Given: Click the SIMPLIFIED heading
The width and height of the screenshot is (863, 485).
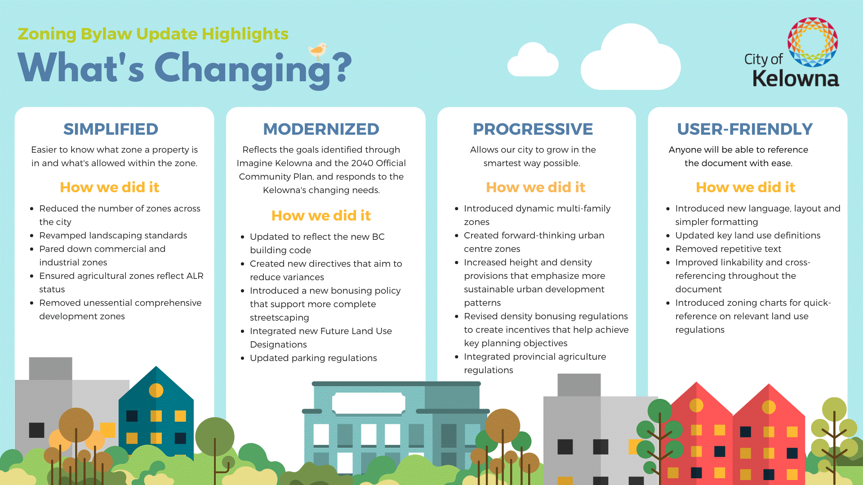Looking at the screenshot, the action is (x=111, y=129).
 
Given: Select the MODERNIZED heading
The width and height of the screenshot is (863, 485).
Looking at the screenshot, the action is (x=321, y=129).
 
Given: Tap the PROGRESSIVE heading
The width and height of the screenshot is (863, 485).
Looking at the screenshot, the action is (x=533, y=129).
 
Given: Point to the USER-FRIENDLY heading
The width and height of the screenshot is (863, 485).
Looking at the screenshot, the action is (x=745, y=129).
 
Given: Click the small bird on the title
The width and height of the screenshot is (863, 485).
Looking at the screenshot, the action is (x=318, y=51).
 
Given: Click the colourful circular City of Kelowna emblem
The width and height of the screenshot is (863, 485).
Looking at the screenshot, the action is (x=813, y=42).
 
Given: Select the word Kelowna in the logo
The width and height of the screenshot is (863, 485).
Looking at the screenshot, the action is (x=796, y=79).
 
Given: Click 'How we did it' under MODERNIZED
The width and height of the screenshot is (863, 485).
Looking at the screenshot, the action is (x=321, y=216).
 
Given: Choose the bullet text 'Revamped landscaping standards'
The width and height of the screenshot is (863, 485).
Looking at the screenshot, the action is (x=113, y=235).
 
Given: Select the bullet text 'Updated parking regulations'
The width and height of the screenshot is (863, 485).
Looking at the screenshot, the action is (x=313, y=358).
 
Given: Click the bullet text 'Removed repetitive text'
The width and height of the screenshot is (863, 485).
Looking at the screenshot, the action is (x=728, y=249).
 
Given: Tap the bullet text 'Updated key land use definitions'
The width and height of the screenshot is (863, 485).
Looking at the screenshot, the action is (x=747, y=235).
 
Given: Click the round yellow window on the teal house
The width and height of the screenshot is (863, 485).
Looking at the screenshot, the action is (x=156, y=390).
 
